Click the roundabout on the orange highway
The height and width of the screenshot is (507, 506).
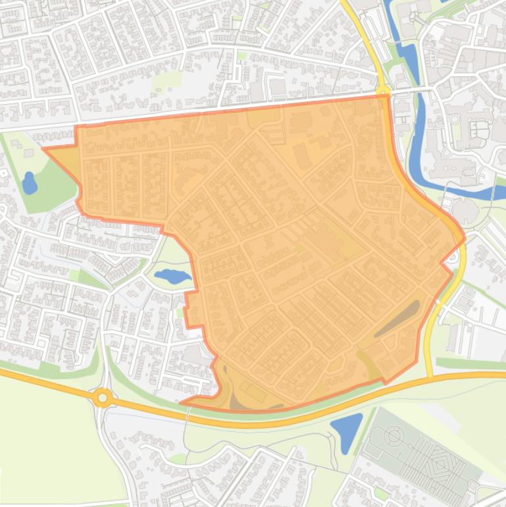(x=102, y=397)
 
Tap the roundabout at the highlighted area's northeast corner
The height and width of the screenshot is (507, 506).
(x=383, y=90)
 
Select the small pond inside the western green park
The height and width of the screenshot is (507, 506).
(x=29, y=182)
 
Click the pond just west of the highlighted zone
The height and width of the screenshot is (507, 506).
(x=172, y=276)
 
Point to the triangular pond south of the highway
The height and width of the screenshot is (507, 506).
(x=347, y=431)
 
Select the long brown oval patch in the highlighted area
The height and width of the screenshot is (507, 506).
(x=397, y=319)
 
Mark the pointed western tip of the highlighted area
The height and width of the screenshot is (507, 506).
(x=44, y=149)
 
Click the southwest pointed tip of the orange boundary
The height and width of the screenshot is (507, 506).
(x=181, y=402)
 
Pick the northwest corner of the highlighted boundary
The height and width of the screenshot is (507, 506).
(x=76, y=127)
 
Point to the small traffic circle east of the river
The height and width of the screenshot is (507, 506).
(x=455, y=119)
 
